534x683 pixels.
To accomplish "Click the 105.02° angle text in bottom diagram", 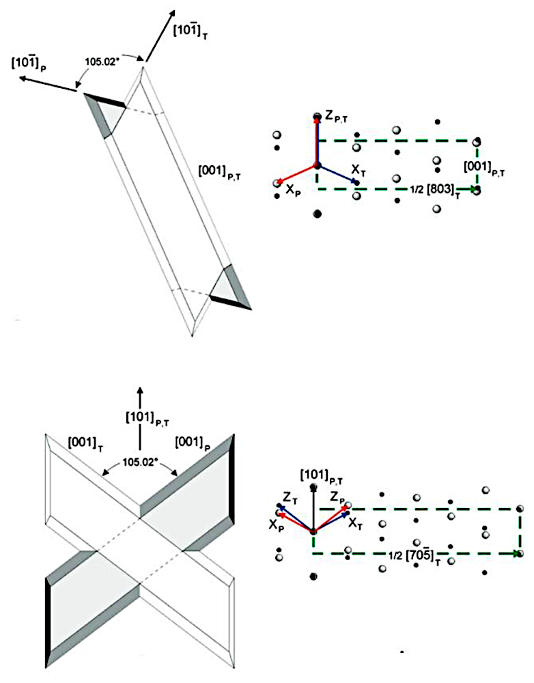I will coord(139,462).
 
